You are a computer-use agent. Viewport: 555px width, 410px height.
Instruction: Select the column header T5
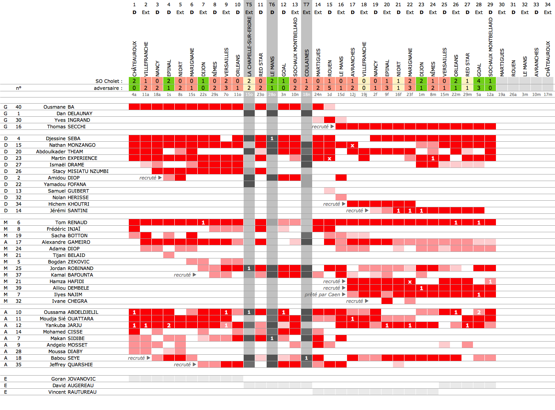tap(249, 5)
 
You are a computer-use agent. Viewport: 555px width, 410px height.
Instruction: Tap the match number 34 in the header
tap(548, 5)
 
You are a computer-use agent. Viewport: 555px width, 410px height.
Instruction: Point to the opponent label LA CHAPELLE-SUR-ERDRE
tap(249, 46)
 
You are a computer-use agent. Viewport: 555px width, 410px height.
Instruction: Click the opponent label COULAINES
tap(307, 63)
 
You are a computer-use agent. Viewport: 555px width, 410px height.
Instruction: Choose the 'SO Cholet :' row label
tap(109, 81)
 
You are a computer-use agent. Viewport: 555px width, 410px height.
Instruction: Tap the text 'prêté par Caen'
tap(322, 294)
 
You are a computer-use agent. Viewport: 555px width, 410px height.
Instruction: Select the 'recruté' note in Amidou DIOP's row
tap(148, 178)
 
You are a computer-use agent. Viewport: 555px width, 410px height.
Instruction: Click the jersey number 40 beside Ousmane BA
tap(18, 107)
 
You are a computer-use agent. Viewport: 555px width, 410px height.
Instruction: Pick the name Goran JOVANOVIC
tap(73, 379)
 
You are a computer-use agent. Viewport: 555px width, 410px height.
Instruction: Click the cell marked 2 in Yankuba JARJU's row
tap(169, 325)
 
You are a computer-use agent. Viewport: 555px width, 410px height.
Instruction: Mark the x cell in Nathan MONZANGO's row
tap(352, 145)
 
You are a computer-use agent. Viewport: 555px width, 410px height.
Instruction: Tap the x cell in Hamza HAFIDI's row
tap(410, 281)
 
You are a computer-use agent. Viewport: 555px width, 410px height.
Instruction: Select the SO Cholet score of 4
tap(479, 81)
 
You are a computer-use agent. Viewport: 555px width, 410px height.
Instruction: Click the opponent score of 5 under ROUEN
tap(329, 88)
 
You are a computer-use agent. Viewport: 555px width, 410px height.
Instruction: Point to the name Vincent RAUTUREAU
tap(73, 392)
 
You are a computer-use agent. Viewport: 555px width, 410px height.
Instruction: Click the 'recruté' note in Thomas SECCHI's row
tap(320, 127)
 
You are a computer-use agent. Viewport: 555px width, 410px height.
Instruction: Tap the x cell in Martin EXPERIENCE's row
tap(329, 158)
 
